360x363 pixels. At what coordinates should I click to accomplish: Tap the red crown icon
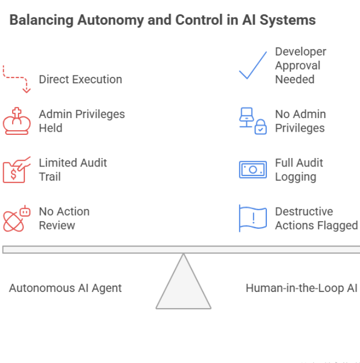(x=17, y=121)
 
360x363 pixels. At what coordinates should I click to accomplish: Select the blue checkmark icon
(x=253, y=66)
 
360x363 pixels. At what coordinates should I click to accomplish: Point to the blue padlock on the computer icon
(x=260, y=127)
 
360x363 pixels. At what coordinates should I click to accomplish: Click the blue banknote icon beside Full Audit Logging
(x=253, y=170)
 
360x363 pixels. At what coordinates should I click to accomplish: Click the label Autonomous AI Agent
(x=65, y=288)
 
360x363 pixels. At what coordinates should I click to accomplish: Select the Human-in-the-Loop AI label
(x=302, y=288)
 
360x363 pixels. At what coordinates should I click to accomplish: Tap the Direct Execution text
(x=80, y=80)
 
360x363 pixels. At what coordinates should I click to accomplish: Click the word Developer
(x=301, y=52)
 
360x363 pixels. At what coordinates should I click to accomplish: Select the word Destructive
(x=304, y=211)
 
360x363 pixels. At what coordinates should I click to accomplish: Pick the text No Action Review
(x=64, y=218)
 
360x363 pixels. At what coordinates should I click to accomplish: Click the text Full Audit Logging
(x=299, y=170)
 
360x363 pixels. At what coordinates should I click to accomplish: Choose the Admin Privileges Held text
(x=82, y=121)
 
